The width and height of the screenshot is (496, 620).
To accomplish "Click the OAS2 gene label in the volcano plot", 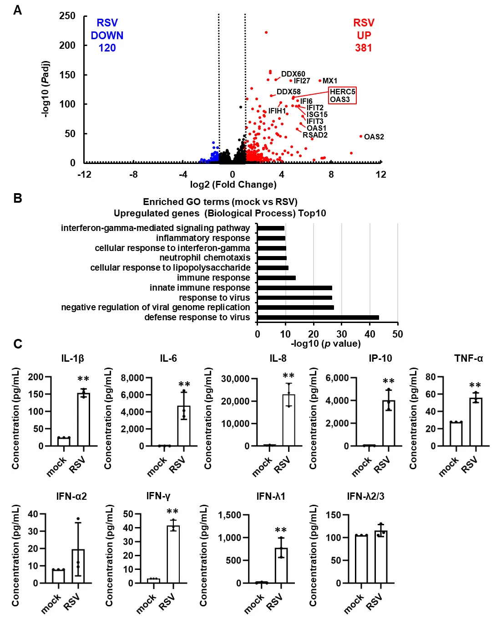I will tap(374, 137).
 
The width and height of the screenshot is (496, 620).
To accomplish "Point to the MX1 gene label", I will tap(330, 81).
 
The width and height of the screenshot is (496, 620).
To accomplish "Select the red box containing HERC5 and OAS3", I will tap(342, 96).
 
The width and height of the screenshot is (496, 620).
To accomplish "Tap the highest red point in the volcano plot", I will tap(266, 32).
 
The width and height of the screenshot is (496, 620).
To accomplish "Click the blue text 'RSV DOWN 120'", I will tap(107, 36).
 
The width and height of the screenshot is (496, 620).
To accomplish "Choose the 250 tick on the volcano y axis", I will tap(68, 16).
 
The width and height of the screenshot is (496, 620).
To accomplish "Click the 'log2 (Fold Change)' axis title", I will tap(233, 184).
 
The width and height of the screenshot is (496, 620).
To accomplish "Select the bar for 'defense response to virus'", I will tap(318, 318).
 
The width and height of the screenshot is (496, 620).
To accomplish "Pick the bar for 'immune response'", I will tap(276, 278).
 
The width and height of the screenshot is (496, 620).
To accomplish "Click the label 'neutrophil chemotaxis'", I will tap(205, 258).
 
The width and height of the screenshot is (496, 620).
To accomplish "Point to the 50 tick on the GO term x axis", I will tap(397, 334).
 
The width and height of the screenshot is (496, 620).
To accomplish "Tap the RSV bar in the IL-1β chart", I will tap(83, 420).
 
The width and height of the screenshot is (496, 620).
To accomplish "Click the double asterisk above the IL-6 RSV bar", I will tap(184, 384).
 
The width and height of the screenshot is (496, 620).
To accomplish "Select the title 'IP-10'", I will tap(380, 359).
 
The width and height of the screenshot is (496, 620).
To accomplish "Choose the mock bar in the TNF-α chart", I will tap(456, 434).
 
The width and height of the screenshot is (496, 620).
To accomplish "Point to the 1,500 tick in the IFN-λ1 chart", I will tap(230, 515).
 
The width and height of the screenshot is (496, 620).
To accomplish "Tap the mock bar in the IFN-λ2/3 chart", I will tap(361, 559).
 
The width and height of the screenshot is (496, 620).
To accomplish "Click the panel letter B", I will tap(18, 198).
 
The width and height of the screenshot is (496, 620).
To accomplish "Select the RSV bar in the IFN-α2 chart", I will tap(78, 566).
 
